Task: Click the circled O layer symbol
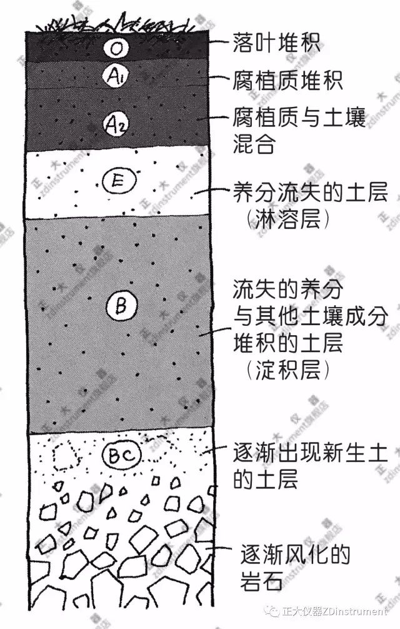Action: [x=116, y=49]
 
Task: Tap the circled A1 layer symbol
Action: [x=116, y=76]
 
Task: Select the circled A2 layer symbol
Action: [x=116, y=124]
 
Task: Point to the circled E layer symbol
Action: [x=119, y=182]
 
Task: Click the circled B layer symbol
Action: [x=121, y=306]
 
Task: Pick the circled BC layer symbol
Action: [x=122, y=455]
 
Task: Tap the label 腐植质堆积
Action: [x=287, y=80]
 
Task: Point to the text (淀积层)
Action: [x=287, y=369]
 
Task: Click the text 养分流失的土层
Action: [x=311, y=192]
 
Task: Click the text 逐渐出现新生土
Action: [x=310, y=453]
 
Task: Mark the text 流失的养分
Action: [x=288, y=289]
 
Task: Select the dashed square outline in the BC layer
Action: [x=64, y=455]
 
